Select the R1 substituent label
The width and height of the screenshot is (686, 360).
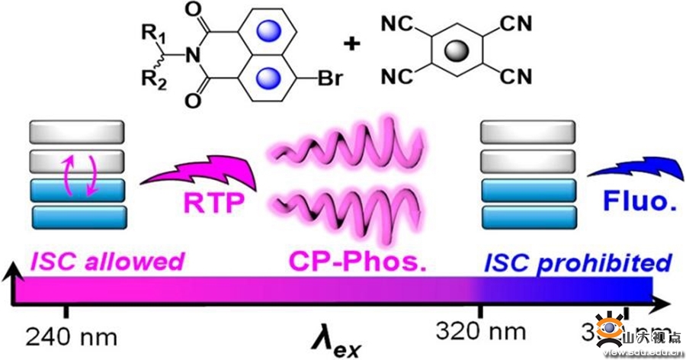point(151,33)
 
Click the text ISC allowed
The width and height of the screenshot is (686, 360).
point(108,262)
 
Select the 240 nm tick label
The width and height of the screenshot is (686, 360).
point(63,334)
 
